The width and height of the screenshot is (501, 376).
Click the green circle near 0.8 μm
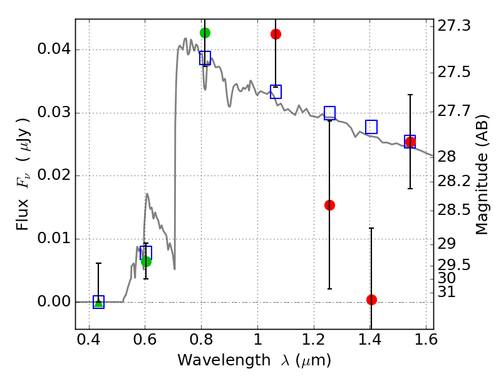205,33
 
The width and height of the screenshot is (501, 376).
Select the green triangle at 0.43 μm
99,303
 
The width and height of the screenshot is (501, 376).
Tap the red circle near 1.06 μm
276,34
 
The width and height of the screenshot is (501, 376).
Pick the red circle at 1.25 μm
330,205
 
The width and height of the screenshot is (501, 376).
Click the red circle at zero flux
371,300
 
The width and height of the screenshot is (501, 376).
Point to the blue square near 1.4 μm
371,127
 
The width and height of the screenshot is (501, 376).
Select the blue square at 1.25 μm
330,113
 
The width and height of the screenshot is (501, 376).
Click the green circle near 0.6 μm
146,261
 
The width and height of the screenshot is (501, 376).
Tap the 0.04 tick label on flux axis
53,49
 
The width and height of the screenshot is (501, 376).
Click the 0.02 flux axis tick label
53,175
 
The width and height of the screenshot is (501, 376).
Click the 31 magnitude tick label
447,291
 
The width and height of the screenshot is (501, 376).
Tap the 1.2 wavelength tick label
314,339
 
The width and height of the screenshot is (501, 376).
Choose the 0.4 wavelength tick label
88,339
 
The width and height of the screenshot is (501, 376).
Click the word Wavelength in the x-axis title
224,360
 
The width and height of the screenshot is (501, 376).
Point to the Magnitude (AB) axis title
482,175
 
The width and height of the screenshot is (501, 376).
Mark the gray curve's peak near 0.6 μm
147,194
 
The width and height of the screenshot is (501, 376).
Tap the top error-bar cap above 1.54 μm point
410,95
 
